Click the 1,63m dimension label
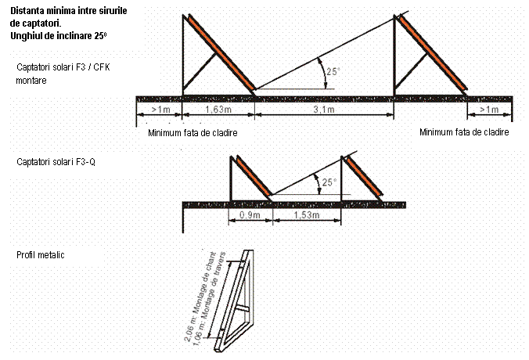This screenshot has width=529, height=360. pyautogui.click(x=218, y=110)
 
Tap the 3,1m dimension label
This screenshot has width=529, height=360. pyautogui.click(x=324, y=110)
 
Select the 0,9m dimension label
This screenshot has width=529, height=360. pyautogui.click(x=250, y=215)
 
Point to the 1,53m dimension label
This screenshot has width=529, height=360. pyautogui.click(x=306, y=215)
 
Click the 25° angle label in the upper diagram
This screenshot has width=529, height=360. pyautogui.click(x=333, y=71)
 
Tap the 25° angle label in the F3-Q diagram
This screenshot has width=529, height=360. pyautogui.click(x=329, y=182)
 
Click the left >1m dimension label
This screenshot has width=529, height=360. pyautogui.click(x=160, y=110)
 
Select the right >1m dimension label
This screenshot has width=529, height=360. pyautogui.click(x=489, y=110)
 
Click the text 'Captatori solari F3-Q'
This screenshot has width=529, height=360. pyautogui.click(x=56, y=162)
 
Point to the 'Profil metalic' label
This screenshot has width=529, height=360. pyautogui.click(x=41, y=254)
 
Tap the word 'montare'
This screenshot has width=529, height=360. pyautogui.click(x=31, y=81)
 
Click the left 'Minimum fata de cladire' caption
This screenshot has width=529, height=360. pyautogui.click(x=193, y=133)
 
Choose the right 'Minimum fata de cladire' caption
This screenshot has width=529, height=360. pyautogui.click(x=464, y=132)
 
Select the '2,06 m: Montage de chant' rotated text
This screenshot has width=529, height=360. pyautogui.click(x=200, y=297)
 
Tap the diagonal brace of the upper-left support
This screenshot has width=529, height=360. pyautogui.click(x=200, y=70)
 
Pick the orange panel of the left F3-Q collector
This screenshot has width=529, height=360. pyautogui.click(x=254, y=176)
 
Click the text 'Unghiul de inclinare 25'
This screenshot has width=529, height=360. pyautogui.click(x=59, y=36)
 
